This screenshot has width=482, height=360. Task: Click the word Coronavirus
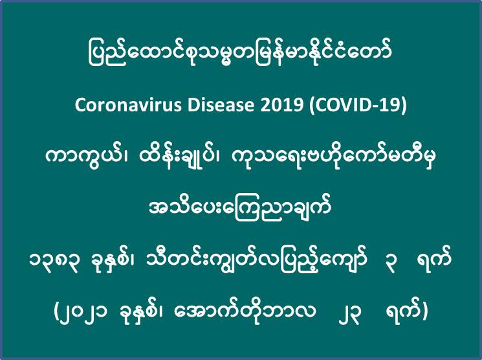(x=127, y=106)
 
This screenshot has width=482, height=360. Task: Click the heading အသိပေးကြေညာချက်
(x=240, y=208)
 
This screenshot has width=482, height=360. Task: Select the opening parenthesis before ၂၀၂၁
(x=56, y=312)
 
